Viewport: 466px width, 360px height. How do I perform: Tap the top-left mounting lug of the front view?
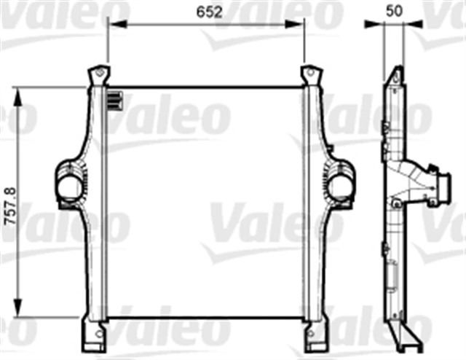(97, 76)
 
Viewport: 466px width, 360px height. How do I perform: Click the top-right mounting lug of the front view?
(310, 76)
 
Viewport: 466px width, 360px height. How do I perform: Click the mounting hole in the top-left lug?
(97, 73)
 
